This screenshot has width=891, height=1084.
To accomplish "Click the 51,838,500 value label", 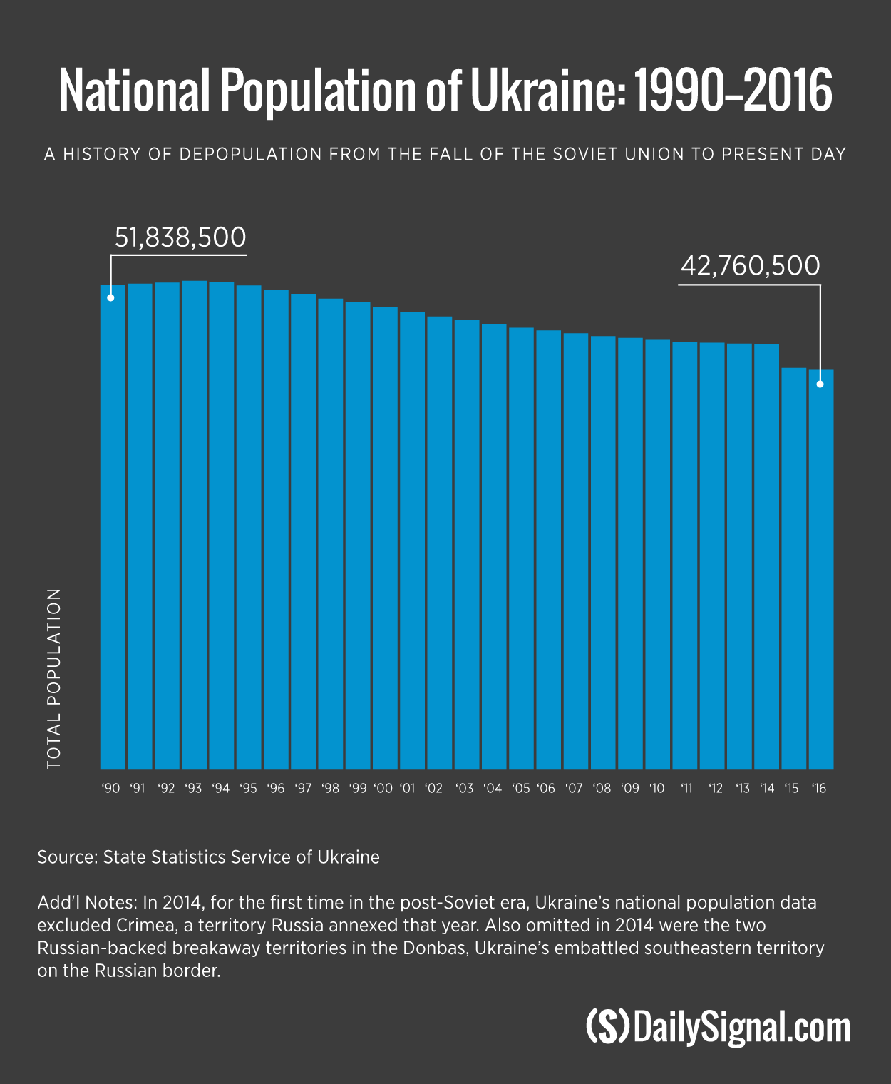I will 180,237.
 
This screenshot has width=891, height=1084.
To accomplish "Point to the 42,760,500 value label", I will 751,266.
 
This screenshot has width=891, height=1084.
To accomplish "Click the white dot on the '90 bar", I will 110,297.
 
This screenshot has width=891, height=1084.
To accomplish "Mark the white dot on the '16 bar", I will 820,384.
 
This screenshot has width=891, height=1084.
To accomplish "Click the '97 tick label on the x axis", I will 303,789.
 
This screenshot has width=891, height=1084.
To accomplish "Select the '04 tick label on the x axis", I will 493,789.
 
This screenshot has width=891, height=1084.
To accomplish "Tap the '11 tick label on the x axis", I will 686,789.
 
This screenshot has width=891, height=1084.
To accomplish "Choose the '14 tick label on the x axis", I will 767,789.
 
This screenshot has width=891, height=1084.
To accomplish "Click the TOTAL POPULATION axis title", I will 54,678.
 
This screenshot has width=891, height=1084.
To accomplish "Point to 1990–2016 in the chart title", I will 733,91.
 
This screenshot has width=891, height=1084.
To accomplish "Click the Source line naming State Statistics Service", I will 208,857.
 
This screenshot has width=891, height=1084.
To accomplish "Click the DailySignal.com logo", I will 719,1028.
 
